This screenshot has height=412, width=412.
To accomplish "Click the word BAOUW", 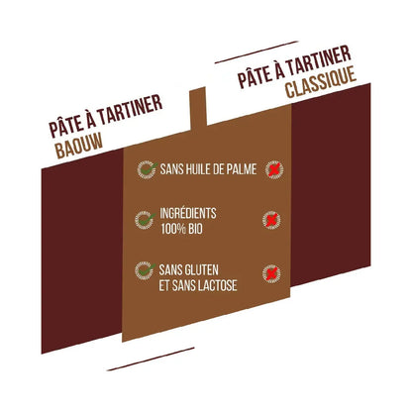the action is [79, 147].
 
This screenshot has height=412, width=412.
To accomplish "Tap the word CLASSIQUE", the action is [321, 82].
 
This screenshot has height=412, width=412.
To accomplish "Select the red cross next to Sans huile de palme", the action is [273, 169].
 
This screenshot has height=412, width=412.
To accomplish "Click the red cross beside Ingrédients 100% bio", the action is [271, 220].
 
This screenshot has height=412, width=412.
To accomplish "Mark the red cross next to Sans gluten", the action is [271, 273].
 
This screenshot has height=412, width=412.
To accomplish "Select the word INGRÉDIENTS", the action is [188, 213].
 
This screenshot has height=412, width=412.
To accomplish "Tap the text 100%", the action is [173, 229].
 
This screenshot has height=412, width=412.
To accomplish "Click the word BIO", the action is [195, 229].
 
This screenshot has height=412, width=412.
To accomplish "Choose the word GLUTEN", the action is [203, 270].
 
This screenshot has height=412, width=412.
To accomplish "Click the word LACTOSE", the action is [218, 285].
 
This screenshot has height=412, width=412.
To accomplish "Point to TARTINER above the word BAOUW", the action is [130, 112].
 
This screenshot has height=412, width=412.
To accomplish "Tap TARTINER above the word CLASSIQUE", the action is [318, 61].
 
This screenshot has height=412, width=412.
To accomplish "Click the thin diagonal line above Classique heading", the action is [257, 51].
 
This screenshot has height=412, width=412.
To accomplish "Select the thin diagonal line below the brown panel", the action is [151, 359].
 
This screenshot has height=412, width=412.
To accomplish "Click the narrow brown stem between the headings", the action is [198, 109].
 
